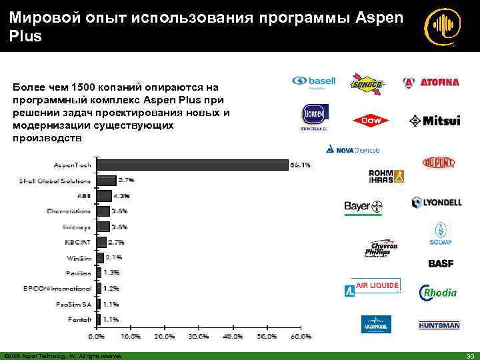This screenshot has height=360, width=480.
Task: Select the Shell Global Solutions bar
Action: [107, 180]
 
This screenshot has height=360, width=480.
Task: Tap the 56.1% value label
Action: [300, 164]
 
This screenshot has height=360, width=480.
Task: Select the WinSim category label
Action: [78, 257]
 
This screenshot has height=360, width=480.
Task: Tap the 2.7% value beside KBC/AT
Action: [116, 242]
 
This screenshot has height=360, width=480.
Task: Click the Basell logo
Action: [313, 83]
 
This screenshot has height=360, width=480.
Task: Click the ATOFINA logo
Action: [431, 83]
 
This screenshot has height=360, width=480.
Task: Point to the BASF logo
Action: [441, 263]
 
